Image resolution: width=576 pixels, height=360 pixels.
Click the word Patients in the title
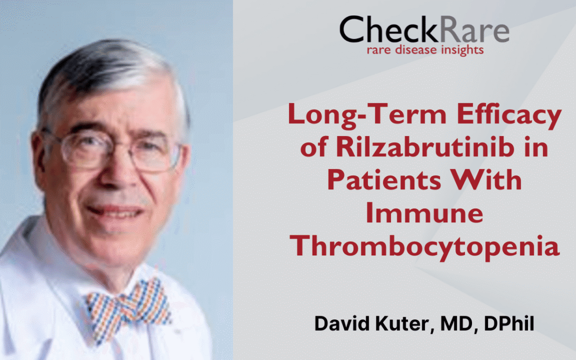(383, 180)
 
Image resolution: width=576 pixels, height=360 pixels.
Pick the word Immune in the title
(425, 212)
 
